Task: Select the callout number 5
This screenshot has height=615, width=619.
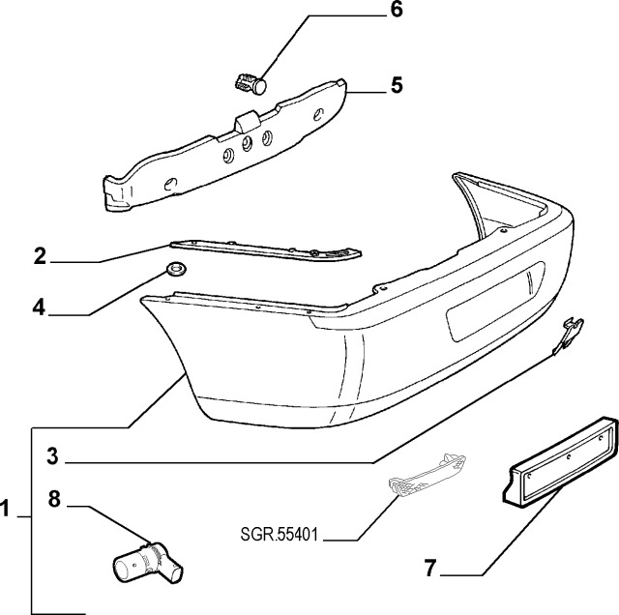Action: (x=397, y=86)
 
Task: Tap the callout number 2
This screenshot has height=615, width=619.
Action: (x=40, y=256)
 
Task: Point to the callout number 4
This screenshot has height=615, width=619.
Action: (x=39, y=307)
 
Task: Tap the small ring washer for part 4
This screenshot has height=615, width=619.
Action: (x=176, y=268)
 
